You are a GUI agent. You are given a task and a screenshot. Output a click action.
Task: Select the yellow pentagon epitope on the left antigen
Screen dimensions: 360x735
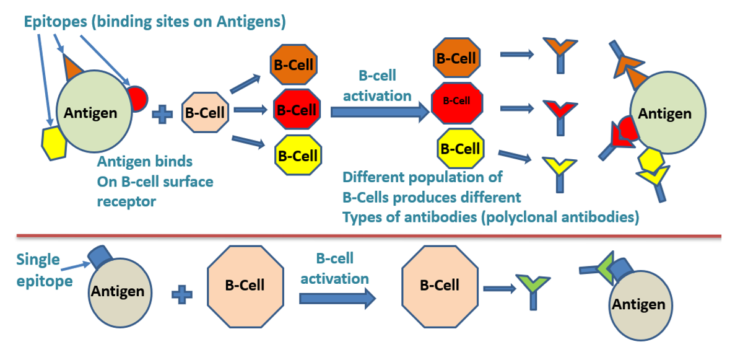click(54, 142)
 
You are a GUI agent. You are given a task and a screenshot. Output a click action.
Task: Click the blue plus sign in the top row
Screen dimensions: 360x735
click(162, 114)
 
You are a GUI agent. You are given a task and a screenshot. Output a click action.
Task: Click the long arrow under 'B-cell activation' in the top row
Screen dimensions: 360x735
click(379, 112)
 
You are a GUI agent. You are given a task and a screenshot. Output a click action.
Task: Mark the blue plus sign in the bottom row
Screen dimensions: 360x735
click(181, 294)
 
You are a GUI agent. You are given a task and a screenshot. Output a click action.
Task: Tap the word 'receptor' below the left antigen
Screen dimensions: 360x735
click(126, 201)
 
